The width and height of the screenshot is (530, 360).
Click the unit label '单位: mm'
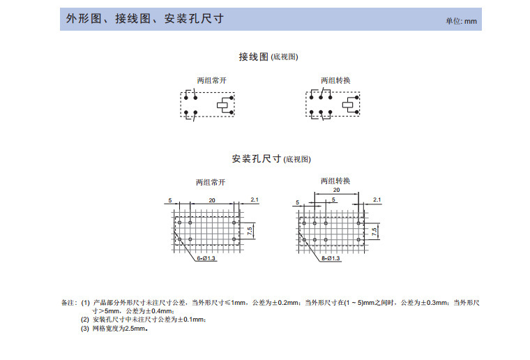pos(462,21)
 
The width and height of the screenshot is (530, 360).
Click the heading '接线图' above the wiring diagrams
pos(253,56)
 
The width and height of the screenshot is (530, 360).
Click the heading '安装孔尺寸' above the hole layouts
pos(256,158)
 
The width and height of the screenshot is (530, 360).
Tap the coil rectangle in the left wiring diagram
pos(225,106)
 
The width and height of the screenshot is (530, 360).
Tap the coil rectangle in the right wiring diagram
pos(349,106)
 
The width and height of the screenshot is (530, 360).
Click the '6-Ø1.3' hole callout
pos(207,258)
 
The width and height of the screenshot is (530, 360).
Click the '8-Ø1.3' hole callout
pos(331,258)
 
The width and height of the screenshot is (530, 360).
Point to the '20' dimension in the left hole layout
pos(212,200)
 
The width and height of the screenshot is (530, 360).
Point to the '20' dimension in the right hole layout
pos(336,190)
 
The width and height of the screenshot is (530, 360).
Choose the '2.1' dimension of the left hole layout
pos(255,200)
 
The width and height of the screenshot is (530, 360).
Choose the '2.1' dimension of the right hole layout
pos(377,200)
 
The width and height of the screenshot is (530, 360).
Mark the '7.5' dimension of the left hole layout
pos(250,230)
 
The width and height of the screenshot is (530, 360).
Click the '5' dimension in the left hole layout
pos(169,200)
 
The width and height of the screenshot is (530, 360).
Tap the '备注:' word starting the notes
pos(68,303)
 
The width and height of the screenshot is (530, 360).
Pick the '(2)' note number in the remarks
pos(85,320)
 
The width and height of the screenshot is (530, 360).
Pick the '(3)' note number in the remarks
pos(85,328)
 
